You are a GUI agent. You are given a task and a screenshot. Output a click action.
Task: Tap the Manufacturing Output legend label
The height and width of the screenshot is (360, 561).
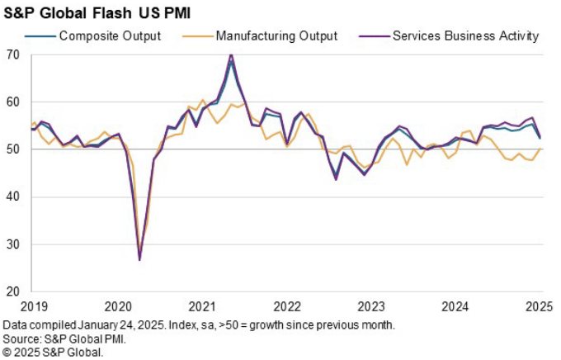(276, 36)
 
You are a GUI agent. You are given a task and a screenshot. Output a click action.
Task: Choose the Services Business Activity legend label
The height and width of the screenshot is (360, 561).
(466, 36)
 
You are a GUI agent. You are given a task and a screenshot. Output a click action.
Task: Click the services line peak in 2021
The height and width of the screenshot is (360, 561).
(230, 54)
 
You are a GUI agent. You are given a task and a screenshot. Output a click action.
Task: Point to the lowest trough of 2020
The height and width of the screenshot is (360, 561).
(139, 260)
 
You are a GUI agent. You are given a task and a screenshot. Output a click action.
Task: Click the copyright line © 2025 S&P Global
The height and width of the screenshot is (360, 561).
(53, 352)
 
